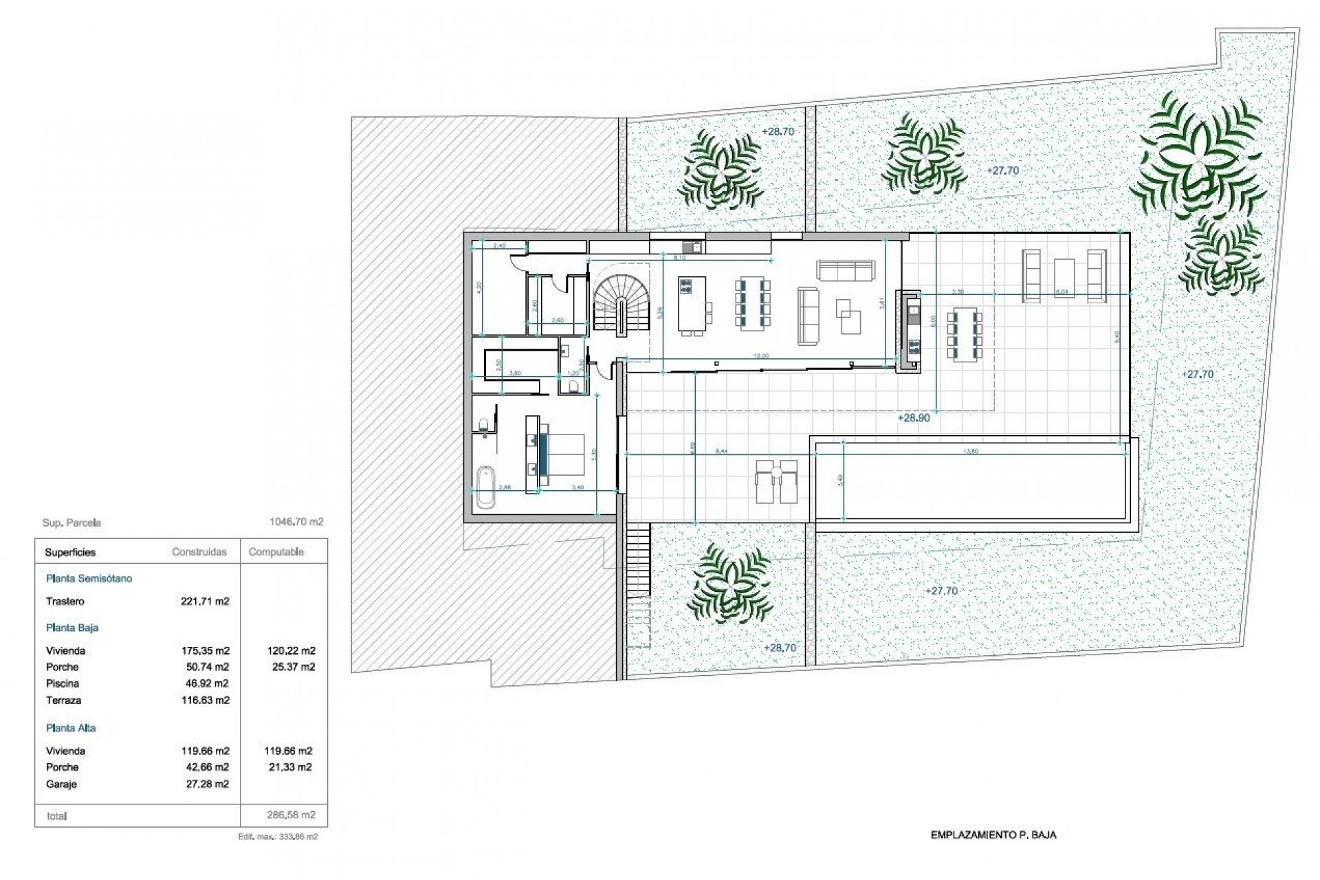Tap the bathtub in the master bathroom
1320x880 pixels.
coord(485,487)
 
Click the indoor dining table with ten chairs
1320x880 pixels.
coord(753,302)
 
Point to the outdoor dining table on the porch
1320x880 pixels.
coord(965,335)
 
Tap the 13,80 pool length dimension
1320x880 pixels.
coord(972,452)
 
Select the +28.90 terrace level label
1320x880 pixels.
coord(913,418)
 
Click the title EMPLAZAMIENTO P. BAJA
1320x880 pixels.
coord(993,835)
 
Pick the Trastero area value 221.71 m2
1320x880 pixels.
coord(204,602)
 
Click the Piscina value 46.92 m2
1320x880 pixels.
coord(204,683)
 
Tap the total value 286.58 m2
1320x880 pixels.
coord(290,815)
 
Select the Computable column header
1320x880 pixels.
coord(276,552)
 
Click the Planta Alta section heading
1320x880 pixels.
coord(71,728)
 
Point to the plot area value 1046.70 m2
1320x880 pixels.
coord(296,522)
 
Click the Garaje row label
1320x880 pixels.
coord(61,784)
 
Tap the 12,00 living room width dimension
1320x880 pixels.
coord(761,356)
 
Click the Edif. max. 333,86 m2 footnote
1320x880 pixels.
coord(278,837)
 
